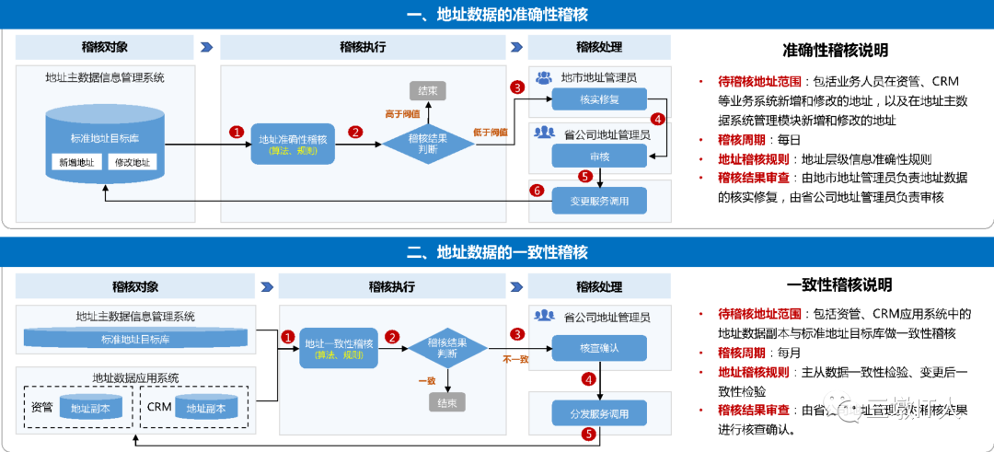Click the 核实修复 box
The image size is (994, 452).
[x=598, y=99]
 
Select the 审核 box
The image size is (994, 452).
[x=598, y=156]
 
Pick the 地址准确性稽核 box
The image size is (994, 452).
[x=293, y=143]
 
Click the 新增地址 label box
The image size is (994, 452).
[x=76, y=163]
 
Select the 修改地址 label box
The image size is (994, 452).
[x=132, y=163]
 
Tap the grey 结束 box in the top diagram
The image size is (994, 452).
[x=427, y=90]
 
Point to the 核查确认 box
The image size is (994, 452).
[x=598, y=349]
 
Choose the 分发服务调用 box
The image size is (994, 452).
[x=598, y=412]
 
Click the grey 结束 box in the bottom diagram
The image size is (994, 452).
[x=447, y=402]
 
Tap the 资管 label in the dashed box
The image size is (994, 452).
[x=41, y=407]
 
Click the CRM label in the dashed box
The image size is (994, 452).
[x=159, y=407]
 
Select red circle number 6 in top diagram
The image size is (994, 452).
[x=537, y=191]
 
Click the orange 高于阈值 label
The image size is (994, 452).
[x=402, y=113]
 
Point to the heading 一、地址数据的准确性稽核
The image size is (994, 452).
[x=497, y=15]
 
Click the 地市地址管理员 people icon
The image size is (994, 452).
[x=544, y=77]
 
